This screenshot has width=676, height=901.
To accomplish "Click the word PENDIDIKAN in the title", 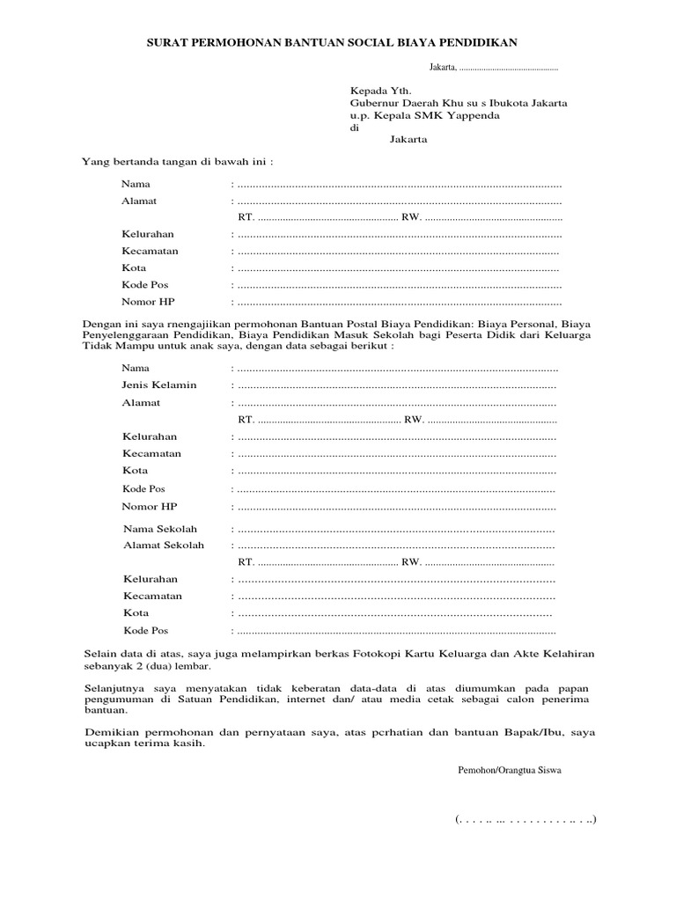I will coord(474,41).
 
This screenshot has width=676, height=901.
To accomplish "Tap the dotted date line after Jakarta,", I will coord(508,68).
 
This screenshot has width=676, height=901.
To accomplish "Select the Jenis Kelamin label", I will coord(159,385).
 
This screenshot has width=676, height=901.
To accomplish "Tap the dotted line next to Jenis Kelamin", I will coord(396,385).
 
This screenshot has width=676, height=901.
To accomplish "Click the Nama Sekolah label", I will coord(160,529).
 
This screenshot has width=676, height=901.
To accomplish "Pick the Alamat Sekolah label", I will coord(164,546).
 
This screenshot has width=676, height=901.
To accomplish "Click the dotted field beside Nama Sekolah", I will coord(396,530).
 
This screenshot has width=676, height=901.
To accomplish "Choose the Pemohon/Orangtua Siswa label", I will coord(509,770).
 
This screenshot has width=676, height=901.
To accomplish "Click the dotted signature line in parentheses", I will coord(526,820).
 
